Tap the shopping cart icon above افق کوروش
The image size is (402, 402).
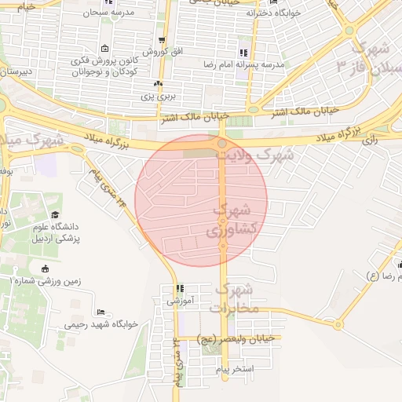pos(162,39)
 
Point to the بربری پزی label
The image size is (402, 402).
pos(158,97)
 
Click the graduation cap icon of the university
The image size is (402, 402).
pos(54,215)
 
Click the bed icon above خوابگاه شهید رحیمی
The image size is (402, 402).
pos(97,310)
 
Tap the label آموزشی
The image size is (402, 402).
pos(181,300)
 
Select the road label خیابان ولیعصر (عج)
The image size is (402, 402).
pos(237,338)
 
